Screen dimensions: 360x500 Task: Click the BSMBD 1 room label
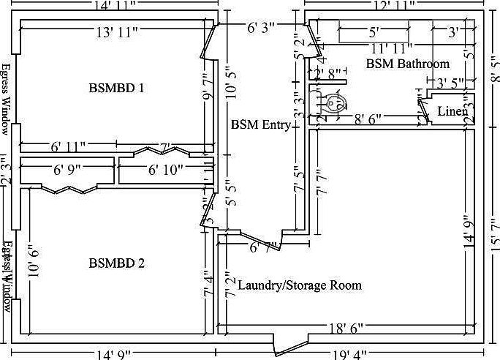(116, 88)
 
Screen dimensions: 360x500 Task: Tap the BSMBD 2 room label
(116, 263)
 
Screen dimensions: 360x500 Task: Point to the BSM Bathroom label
(407, 64)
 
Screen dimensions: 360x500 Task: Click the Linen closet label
(452, 111)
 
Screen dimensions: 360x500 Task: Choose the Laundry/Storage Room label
(300, 285)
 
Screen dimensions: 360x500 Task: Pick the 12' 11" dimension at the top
(394, 5)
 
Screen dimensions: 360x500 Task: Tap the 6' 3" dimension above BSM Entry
(261, 29)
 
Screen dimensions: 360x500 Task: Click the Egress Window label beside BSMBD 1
(6, 99)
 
